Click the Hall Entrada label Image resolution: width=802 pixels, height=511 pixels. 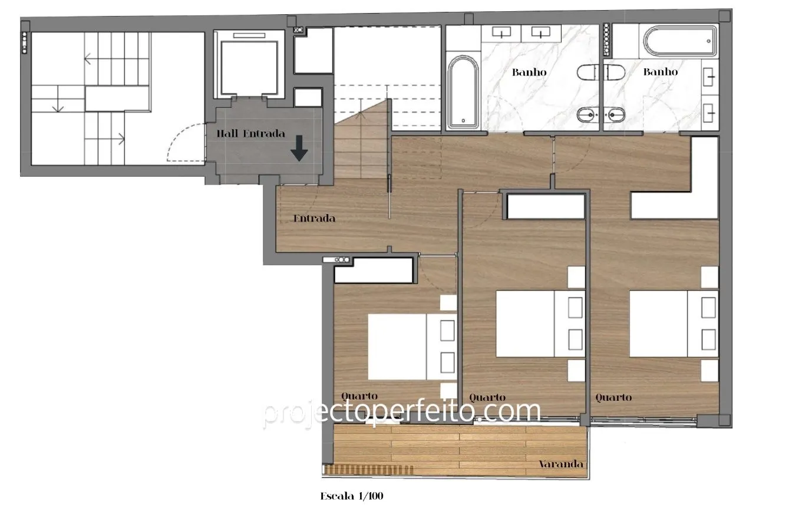250,134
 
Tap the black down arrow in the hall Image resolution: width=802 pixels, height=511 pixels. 299,149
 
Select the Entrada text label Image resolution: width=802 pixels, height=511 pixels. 314,219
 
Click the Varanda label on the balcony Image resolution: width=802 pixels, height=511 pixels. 560,464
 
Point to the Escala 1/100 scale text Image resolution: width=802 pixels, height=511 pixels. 352,496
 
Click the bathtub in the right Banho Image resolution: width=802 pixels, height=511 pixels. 680,41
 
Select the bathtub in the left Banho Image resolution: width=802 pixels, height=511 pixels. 463,92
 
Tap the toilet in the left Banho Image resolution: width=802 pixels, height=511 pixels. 588,72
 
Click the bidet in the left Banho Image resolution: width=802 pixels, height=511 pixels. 588,115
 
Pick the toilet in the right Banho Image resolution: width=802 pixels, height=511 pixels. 615,72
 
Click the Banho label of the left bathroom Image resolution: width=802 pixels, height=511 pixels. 529,72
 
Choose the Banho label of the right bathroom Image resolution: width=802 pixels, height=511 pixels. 661,72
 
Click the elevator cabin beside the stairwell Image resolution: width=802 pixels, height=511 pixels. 249,68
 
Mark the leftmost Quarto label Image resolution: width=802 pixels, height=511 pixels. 359,396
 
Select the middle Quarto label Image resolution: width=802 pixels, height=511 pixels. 487,397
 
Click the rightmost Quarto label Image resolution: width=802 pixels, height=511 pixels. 613,397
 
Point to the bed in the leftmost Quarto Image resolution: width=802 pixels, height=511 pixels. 412,347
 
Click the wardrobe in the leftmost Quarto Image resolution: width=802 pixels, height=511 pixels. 374,270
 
